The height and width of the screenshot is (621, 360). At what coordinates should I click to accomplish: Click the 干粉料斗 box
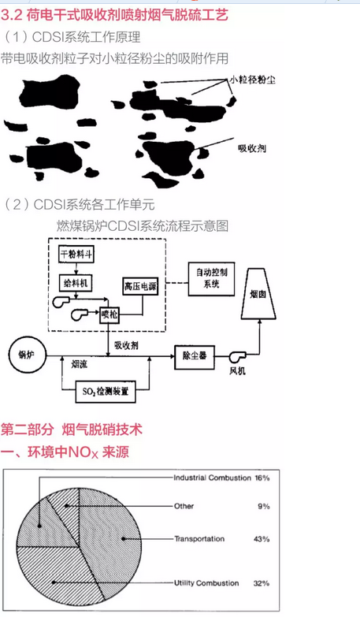[x=76, y=255]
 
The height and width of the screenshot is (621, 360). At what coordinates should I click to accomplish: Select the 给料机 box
[x=76, y=283]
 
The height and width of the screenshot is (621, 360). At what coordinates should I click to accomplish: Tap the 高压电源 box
[x=140, y=286]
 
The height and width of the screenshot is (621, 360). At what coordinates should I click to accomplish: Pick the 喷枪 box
[x=109, y=314]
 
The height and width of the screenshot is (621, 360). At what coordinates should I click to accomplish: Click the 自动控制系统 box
[x=211, y=279]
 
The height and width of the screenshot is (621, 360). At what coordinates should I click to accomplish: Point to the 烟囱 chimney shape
[x=258, y=293]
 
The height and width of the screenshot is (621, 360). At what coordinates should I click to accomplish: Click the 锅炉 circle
[x=27, y=355]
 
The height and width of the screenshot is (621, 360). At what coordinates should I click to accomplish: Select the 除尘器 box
[x=195, y=357]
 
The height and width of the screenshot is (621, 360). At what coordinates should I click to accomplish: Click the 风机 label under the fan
[x=238, y=370]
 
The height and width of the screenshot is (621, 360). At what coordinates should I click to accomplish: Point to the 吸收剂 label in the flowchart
[x=126, y=345]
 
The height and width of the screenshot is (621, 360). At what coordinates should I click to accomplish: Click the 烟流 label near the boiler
[x=80, y=364]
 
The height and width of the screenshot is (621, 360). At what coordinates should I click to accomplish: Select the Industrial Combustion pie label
[x=212, y=478]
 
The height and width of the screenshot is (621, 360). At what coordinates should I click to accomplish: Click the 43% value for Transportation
[x=262, y=539]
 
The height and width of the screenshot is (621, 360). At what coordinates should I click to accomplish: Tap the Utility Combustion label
[x=206, y=583]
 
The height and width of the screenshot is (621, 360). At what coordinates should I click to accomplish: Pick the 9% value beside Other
[x=264, y=506]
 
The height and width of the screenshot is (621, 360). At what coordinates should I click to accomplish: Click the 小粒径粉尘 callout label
[x=252, y=80]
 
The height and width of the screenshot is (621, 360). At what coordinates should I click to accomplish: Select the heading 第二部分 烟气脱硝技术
[x=71, y=429]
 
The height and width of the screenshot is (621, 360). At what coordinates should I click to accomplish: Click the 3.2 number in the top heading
[x=11, y=15]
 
